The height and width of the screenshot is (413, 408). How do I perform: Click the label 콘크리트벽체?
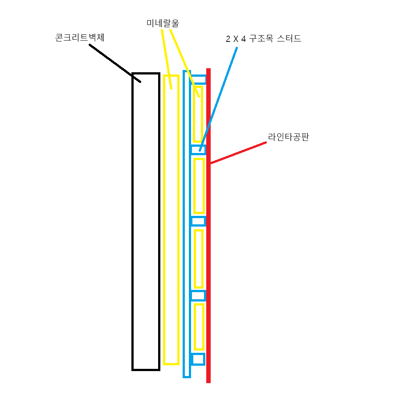(x=80, y=37)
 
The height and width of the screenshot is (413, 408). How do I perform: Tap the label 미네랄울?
(x=163, y=23)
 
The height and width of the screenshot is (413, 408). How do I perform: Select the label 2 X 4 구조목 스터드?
(x=263, y=39)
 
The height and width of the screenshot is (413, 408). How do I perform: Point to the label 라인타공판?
(x=288, y=137)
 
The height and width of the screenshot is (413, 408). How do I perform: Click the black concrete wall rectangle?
(x=133, y=222)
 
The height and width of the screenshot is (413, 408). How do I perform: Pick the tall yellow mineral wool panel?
(x=164, y=220)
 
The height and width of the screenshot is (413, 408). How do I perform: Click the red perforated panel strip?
(x=208, y=226)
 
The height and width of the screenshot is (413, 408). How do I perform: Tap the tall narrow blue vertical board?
(x=184, y=224)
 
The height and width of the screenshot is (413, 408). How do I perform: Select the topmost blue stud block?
(x=198, y=75)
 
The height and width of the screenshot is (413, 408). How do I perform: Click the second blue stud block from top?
(x=198, y=146)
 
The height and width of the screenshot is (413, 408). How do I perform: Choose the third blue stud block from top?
(x=198, y=217)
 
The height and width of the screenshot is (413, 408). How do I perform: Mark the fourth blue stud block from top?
(x=198, y=291)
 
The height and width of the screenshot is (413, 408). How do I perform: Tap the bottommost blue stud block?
(x=198, y=354)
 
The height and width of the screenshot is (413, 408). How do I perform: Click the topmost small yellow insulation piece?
(x=194, y=114)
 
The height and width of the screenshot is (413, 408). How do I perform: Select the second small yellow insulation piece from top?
(x=194, y=186)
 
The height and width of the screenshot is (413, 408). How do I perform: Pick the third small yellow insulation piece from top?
(x=195, y=259)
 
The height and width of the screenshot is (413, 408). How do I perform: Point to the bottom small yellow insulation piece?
(x=195, y=327)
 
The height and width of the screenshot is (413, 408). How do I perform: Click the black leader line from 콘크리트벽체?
(x=115, y=63)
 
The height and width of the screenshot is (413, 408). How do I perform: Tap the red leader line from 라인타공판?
(x=238, y=153)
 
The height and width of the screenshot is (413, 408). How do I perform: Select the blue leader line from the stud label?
(x=218, y=99)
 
